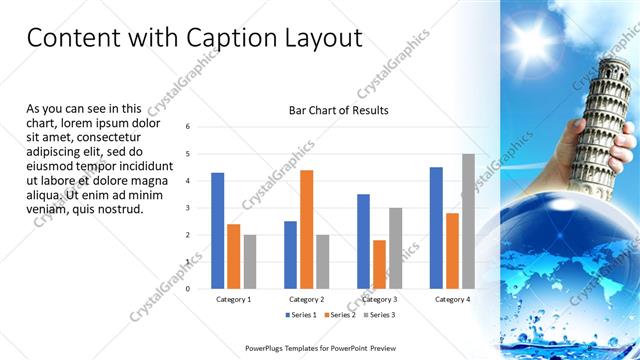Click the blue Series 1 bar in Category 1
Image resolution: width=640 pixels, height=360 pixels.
(x=218, y=230)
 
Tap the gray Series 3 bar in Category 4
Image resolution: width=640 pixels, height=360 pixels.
(x=468, y=221)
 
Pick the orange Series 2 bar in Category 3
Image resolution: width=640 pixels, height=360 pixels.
(x=379, y=264)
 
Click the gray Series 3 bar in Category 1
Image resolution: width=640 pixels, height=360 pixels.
(x=250, y=261)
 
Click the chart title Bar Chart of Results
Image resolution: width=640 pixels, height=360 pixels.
(x=338, y=110)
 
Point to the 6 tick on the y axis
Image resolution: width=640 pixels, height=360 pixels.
(x=188, y=127)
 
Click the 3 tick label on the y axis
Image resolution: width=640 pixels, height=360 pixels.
(x=188, y=208)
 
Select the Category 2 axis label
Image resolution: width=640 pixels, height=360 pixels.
(x=306, y=299)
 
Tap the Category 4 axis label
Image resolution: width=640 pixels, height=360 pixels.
(x=452, y=299)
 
